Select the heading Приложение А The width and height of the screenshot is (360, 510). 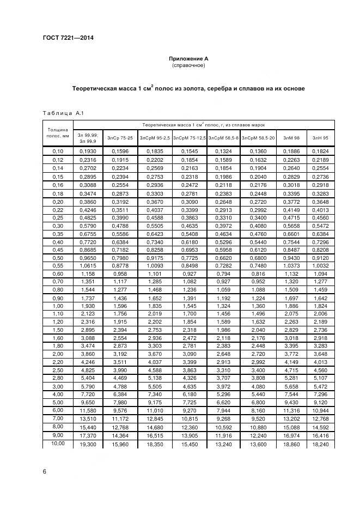pyautogui.click(x=188, y=58)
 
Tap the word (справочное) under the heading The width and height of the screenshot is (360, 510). pyautogui.click(x=188, y=65)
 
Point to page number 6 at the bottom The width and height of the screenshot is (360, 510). pyautogui.click(x=44, y=472)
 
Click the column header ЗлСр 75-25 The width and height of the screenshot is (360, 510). pyautogui.click(x=120, y=138)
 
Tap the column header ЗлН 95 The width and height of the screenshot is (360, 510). pyautogui.click(x=320, y=138)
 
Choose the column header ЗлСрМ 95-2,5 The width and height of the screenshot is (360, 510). pyautogui.click(x=155, y=138)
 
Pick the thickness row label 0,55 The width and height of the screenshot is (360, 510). pyautogui.click(x=57, y=265)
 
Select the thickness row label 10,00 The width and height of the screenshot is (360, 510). pyautogui.click(x=57, y=444)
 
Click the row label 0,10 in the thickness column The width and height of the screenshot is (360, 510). pyautogui.click(x=57, y=150)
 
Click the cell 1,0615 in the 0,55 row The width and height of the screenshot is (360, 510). pyautogui.click(x=88, y=265)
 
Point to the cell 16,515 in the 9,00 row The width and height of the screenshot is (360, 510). pyautogui.click(x=155, y=436)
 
